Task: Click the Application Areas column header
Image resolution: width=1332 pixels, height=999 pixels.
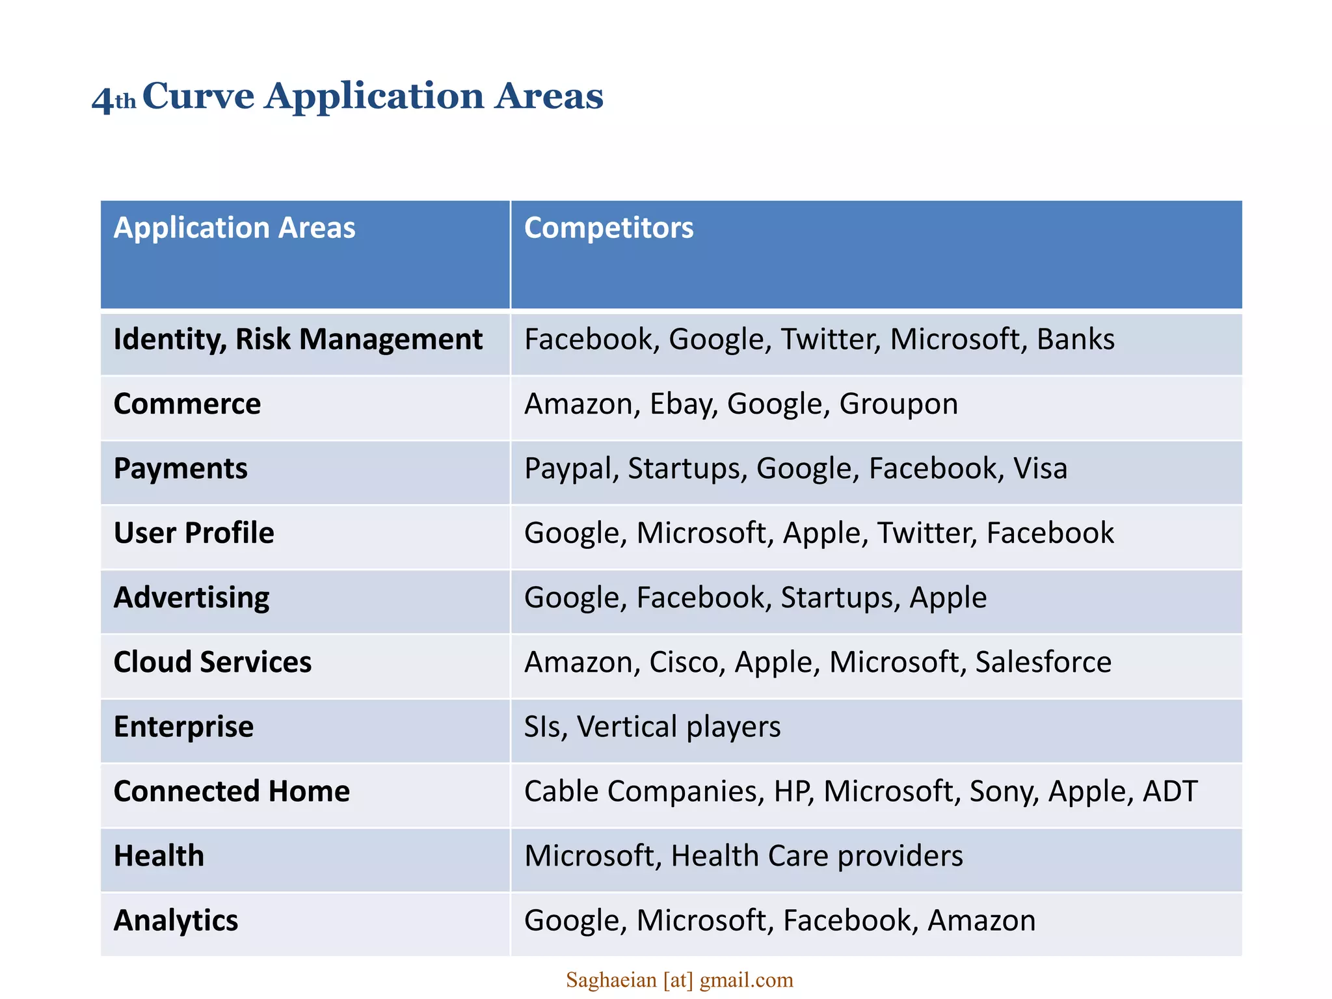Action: [x=234, y=228]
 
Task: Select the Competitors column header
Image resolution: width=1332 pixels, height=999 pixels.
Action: [x=608, y=228]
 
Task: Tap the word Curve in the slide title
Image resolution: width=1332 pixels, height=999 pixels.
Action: [x=198, y=96]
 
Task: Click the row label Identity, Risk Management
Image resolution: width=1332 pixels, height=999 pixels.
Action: [x=298, y=340]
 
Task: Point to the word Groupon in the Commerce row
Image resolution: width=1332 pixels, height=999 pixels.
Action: [x=898, y=404]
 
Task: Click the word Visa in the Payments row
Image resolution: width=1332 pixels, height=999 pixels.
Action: [x=1040, y=468]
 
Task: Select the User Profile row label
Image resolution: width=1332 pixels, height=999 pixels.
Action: [x=194, y=533]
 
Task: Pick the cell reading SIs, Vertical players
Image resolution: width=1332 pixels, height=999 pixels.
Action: [x=652, y=726]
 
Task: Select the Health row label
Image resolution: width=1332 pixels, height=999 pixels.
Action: [x=159, y=856]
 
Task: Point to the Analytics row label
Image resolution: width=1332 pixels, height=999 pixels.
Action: [x=176, y=920]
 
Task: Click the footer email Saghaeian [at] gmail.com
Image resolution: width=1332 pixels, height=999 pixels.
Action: [x=679, y=979]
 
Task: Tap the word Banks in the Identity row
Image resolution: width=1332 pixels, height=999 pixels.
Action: [x=1075, y=340]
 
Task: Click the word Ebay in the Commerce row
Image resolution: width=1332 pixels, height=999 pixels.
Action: [x=682, y=404]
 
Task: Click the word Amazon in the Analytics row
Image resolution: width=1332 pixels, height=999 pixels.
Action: [x=981, y=920]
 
